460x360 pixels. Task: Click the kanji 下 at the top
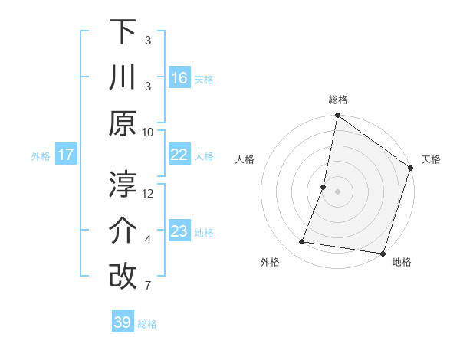tap(123, 31)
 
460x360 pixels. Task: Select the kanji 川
tap(123, 78)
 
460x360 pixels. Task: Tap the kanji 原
tap(123, 125)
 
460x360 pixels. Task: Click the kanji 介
tap(123, 231)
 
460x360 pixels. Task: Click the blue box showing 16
tap(179, 78)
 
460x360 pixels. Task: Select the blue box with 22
tap(179, 155)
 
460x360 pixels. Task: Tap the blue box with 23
tap(179, 231)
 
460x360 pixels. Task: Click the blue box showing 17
tap(66, 155)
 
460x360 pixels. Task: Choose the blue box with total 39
tap(123, 322)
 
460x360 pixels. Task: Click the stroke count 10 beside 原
tap(148, 132)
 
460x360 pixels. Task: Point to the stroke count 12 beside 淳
tap(148, 194)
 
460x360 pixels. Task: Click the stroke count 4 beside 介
tap(148, 241)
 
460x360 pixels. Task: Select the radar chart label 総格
tap(337, 100)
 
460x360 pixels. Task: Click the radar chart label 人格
tap(245, 159)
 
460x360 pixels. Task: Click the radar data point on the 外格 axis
tap(302, 242)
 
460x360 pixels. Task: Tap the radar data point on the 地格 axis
tap(382, 254)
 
